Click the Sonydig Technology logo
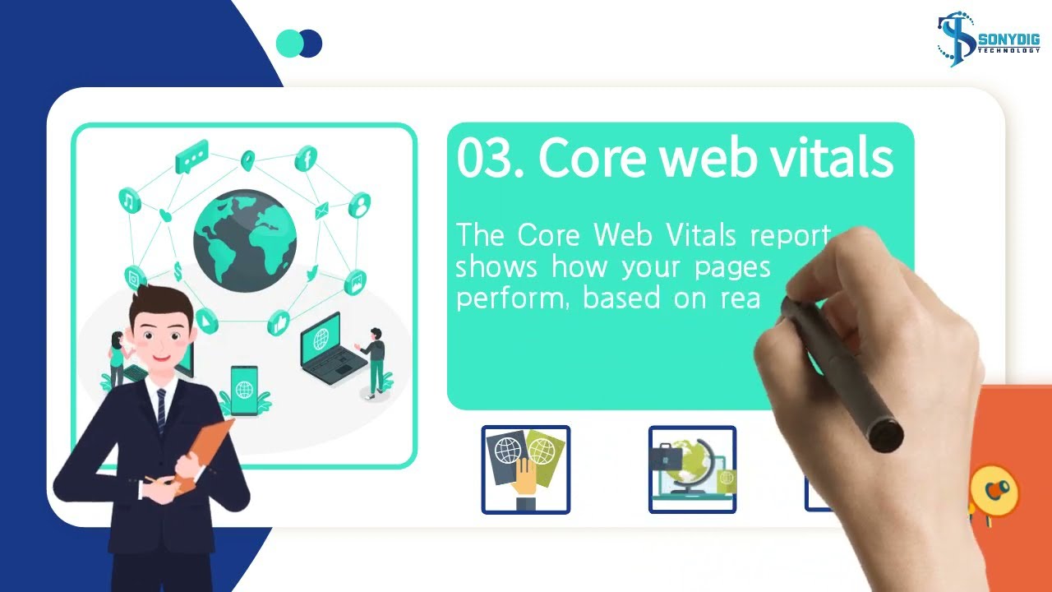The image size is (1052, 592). [x=988, y=39]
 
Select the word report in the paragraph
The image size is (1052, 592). [x=791, y=236]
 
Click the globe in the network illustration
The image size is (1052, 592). [x=245, y=241]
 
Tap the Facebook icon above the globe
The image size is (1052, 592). [x=306, y=158]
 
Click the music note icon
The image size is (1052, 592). [x=130, y=200]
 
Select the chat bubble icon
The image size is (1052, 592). [x=191, y=156]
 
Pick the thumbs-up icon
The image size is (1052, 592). [x=279, y=323]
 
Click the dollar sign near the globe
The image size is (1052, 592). [x=178, y=271]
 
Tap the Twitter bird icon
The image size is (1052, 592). [x=311, y=273]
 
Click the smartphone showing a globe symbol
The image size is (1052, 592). [x=244, y=391]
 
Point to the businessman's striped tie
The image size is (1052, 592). [x=161, y=411]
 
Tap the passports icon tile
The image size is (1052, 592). [x=525, y=469]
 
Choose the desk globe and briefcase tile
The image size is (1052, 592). [x=692, y=469]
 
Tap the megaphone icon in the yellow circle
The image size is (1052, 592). [x=994, y=492]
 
